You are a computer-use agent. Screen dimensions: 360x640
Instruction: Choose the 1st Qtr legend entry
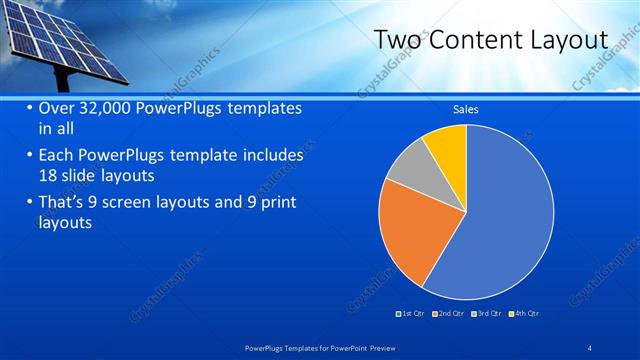coord(412,314)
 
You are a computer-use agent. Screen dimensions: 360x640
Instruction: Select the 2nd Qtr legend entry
coord(451,314)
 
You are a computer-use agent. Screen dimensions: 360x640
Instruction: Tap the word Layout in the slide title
coord(568,40)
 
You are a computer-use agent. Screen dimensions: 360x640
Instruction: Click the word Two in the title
coord(395,40)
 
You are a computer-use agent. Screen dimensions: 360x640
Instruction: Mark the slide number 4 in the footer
coord(590,346)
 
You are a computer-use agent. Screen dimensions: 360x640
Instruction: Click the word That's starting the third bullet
coord(65,204)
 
